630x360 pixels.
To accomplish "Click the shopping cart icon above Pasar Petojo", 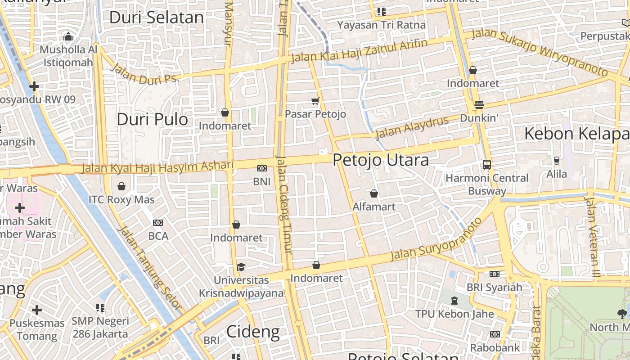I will coord(315,101).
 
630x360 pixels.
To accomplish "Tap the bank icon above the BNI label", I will coord(261,168).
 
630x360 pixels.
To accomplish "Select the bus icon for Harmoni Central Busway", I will coord(486,164).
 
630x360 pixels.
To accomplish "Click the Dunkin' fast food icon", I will coord(479,105).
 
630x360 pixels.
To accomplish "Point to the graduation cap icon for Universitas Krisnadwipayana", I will coord(241,267).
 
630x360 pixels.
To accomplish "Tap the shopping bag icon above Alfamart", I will coord(373,193).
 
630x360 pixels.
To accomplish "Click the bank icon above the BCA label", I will coord(158,222).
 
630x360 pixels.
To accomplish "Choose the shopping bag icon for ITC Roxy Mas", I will coord(121,186).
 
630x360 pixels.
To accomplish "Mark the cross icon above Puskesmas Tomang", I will coord(37,310).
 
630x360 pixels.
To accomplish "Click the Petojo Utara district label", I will coord(380,160).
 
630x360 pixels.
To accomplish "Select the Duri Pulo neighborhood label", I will coord(152,119).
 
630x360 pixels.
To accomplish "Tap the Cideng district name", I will coord(252,332).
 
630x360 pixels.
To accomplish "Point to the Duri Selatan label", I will coord(157,18).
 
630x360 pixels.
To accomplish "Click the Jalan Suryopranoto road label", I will coord(436,238).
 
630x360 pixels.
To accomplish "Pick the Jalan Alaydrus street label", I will coord(412,127).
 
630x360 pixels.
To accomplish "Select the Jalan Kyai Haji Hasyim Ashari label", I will coord(157,167).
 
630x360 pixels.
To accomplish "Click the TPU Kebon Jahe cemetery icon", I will coord(454,301).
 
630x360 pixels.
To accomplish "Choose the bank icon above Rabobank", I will coord(495,334).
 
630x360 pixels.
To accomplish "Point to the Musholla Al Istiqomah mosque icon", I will coord(68,36).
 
